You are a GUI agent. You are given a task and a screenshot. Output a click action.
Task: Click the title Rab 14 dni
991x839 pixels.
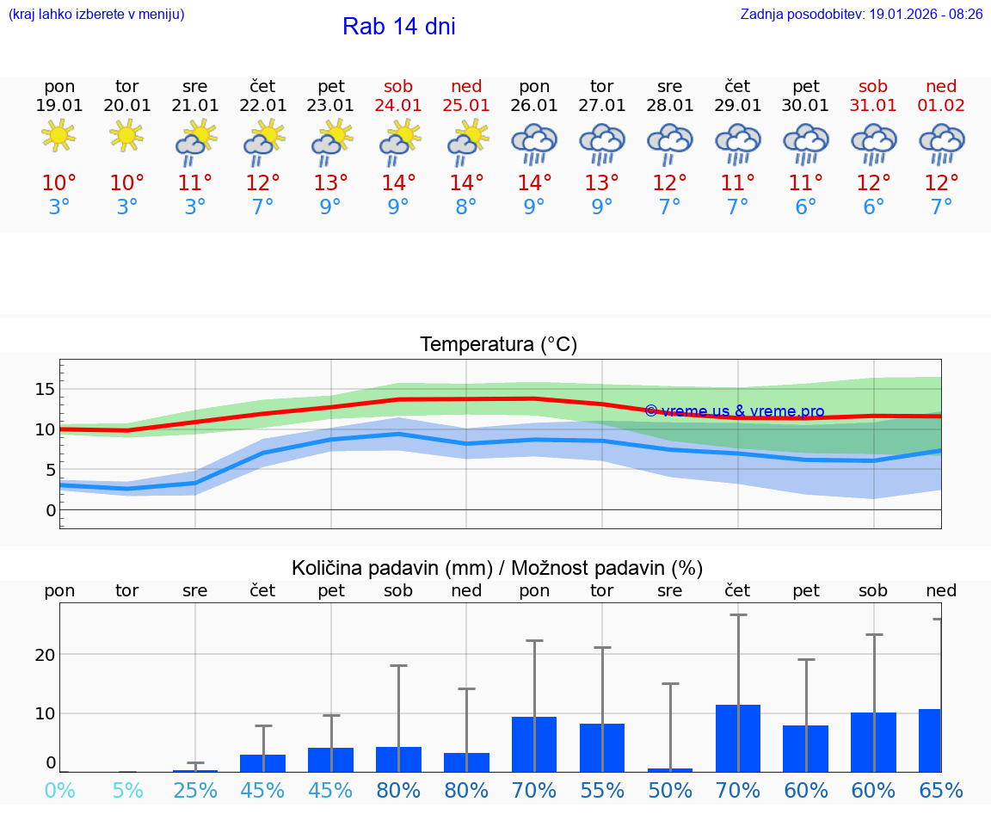(x=398, y=27)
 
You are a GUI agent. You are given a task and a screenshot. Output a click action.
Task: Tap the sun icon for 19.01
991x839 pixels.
(x=59, y=135)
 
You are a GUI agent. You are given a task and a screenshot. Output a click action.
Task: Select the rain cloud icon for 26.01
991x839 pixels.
(x=534, y=143)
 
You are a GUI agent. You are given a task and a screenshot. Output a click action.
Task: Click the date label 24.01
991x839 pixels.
(x=398, y=106)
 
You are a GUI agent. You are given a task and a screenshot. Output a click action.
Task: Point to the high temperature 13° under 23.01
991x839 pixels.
(x=330, y=182)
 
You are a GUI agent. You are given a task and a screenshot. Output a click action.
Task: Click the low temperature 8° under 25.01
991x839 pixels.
(x=466, y=207)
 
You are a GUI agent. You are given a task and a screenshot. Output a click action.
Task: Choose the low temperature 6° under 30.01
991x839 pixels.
(x=806, y=207)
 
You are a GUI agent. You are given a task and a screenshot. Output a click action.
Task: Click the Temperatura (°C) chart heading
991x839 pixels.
(x=498, y=345)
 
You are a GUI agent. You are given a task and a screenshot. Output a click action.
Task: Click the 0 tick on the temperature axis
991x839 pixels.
(x=50, y=509)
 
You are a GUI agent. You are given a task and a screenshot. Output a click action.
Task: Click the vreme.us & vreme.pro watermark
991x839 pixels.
(x=734, y=411)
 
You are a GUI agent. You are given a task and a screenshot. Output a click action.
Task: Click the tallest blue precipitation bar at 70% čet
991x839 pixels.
(x=738, y=738)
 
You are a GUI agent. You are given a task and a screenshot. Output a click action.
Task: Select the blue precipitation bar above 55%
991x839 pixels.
(x=602, y=748)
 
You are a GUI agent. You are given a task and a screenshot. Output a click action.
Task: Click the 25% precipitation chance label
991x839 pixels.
(x=195, y=791)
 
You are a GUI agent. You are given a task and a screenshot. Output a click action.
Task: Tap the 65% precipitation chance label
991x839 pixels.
(x=941, y=791)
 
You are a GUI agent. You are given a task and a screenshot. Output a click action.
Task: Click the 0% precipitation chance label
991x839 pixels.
(x=59, y=791)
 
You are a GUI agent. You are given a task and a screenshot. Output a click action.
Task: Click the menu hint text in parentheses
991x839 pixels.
(x=96, y=14)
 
